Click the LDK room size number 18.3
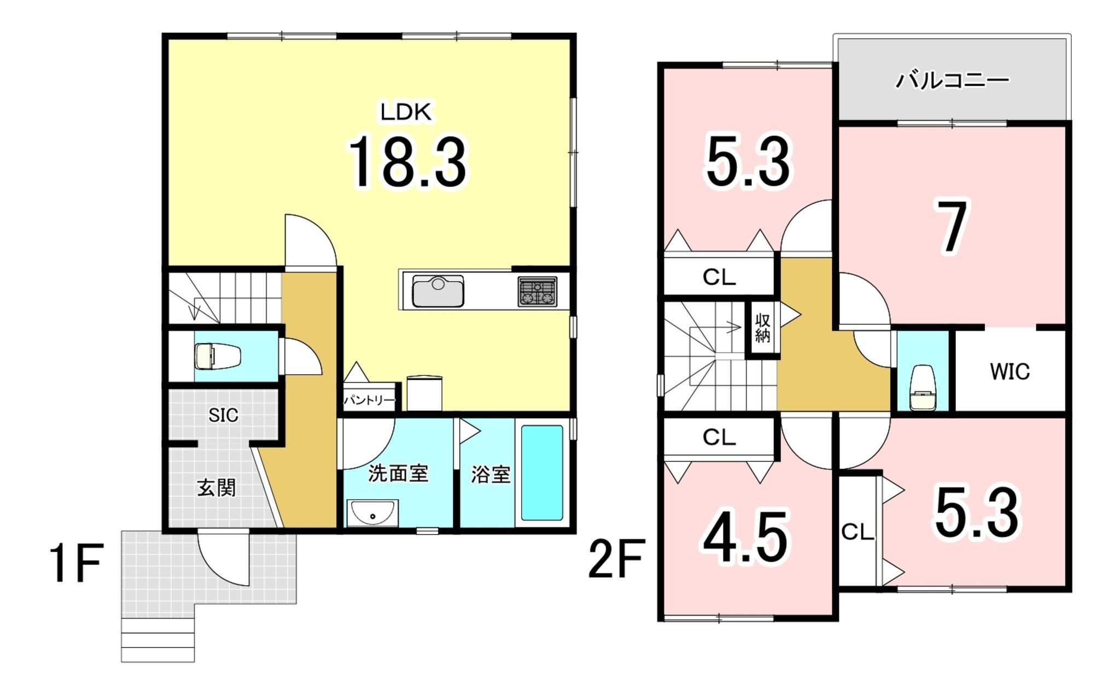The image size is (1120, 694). coord(407,162)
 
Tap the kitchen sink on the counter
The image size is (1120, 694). coord(438,291)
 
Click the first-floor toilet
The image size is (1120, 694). coord(218,356)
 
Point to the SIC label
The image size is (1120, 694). coord(223,415)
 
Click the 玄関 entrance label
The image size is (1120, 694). coord(217,487)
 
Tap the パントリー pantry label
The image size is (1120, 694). coord(369,401)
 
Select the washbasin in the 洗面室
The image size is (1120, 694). coord(373,513)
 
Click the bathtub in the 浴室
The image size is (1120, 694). coord(542,473)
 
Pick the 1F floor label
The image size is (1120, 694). coord(76,563)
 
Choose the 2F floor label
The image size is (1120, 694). coord(616,558)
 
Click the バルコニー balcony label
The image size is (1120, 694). coord(952,81)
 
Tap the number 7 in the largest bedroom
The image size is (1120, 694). coord(952,227)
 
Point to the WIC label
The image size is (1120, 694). coord(1010,372)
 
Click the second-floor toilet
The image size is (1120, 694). coord(923,387)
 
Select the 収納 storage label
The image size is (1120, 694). coord(762,328)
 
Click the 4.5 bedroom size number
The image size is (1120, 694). coord(745,537)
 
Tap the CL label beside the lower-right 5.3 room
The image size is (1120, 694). coord(857,532)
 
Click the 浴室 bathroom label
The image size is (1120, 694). coord(491,474)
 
